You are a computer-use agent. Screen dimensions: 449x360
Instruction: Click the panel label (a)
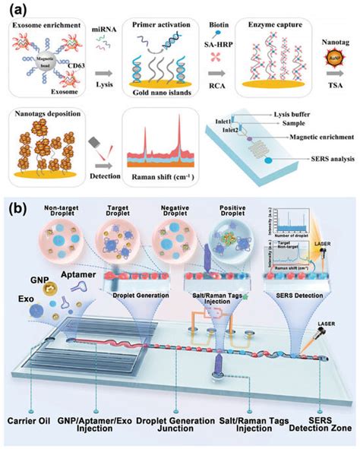pos(17,11)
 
